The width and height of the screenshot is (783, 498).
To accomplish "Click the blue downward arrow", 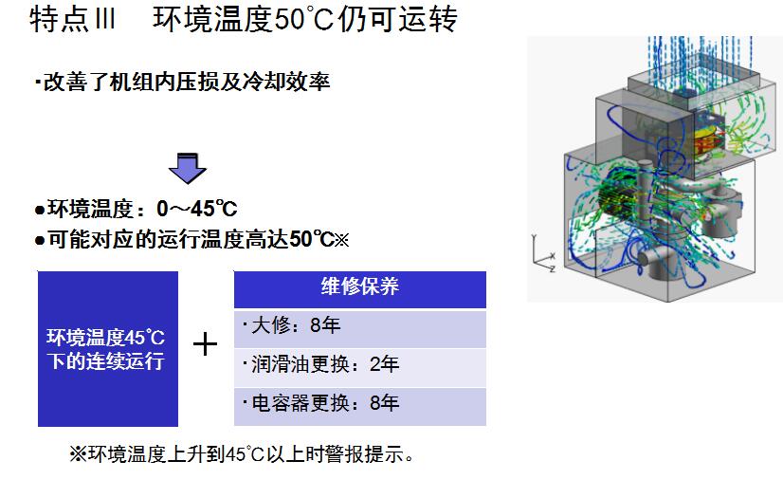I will click(x=187, y=167).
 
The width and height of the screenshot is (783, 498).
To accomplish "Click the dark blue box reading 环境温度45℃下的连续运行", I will click(x=107, y=348).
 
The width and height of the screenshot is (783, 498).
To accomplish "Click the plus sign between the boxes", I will click(x=206, y=344).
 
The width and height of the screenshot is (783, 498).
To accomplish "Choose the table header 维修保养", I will click(x=359, y=288).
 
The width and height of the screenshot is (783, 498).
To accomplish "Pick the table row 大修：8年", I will click(x=359, y=327).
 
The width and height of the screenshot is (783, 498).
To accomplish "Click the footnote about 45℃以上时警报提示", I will click(x=242, y=454).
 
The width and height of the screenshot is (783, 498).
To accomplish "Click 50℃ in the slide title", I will click(x=305, y=21).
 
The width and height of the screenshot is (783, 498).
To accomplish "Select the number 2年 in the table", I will click(x=386, y=365).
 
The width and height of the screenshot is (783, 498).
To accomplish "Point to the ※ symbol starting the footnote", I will click(x=78, y=454).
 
